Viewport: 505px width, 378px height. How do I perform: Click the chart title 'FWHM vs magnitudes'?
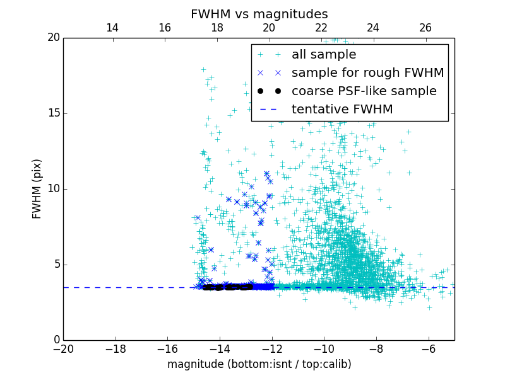[x=259, y=14]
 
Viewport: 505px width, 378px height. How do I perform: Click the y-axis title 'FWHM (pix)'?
[x=37, y=189]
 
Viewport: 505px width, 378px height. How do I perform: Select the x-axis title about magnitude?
[x=259, y=364]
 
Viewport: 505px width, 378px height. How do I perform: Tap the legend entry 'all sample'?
[x=324, y=55]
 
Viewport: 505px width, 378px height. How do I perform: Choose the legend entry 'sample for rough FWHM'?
[x=367, y=73]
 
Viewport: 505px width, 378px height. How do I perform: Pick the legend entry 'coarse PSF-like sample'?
[x=364, y=91]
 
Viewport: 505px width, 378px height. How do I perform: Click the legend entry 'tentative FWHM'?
[x=342, y=110]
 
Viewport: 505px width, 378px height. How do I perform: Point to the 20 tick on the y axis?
[x=52, y=38]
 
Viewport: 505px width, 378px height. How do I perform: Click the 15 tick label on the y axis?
[x=52, y=113]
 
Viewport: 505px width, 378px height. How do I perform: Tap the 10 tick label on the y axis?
[x=52, y=189]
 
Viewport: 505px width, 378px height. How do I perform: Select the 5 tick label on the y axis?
[x=56, y=265]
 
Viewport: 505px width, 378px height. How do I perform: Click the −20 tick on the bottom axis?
[x=63, y=348]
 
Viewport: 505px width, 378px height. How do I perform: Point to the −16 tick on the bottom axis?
[x=167, y=348]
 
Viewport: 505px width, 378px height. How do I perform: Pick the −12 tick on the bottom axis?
[x=272, y=348]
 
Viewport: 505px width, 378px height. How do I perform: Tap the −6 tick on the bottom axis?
[x=429, y=348]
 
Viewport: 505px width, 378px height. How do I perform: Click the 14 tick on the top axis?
[x=112, y=28]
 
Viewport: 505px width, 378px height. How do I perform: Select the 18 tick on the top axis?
[x=217, y=28]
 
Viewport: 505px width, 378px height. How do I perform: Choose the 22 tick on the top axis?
[x=321, y=28]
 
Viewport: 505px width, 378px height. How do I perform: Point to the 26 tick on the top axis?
[x=425, y=28]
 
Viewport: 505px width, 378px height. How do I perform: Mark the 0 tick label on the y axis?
[x=56, y=340]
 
